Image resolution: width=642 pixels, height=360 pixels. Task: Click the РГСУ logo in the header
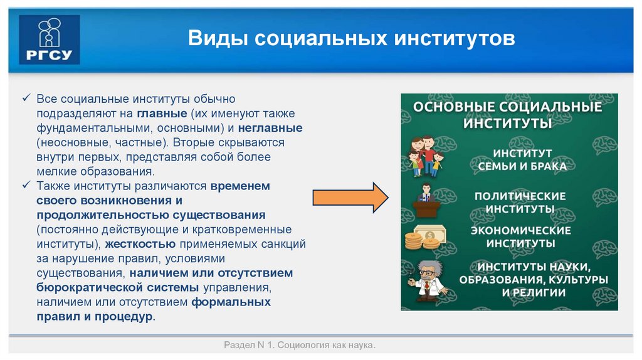click(x=50, y=40)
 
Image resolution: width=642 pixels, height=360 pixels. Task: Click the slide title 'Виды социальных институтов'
click(x=352, y=40)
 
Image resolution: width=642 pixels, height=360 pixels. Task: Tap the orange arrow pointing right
click(x=351, y=198)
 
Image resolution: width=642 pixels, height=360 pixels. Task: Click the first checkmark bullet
click(x=26, y=100)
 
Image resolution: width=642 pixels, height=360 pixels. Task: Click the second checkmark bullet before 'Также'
click(x=26, y=186)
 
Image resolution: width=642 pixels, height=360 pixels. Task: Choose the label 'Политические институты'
click(x=520, y=202)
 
